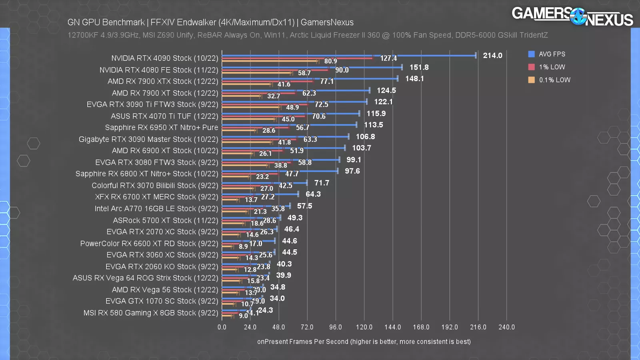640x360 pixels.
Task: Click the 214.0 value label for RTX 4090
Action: pos(492,56)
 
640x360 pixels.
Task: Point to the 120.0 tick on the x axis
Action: pos(364,327)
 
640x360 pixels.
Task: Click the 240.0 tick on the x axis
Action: pos(506,327)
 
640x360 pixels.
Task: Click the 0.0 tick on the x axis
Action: pos(222,327)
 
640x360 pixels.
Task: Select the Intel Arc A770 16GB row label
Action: pos(156,209)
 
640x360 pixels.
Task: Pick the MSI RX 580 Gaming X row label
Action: pos(151,313)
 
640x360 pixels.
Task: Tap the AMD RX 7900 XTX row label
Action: pos(163,81)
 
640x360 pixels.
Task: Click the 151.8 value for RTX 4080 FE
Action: pos(419,68)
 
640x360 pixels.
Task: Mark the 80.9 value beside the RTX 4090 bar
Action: pos(330,61)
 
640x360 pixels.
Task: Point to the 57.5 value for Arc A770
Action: pos(304,206)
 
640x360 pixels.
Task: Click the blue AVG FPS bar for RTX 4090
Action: pos(348,56)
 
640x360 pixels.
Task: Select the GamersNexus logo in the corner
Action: pos(572,17)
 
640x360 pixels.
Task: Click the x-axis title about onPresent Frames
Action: pos(364,342)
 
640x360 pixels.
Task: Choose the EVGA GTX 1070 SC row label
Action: pos(162,301)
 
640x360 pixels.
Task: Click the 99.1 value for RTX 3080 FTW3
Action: pos(354,160)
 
